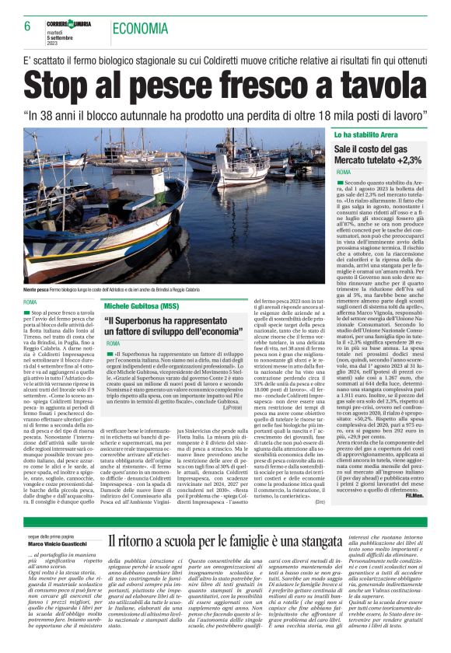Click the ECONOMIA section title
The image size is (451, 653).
[x=140, y=30]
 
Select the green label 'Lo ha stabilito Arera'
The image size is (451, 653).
[x=367, y=134]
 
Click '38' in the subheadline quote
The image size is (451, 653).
[x=68, y=113]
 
